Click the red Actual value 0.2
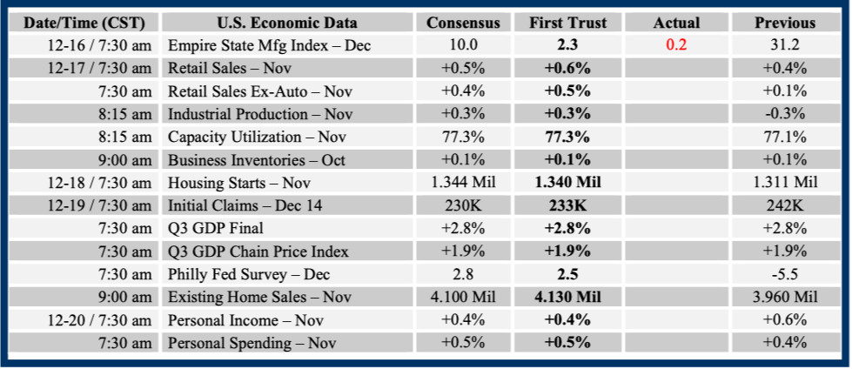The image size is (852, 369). [x=676, y=46]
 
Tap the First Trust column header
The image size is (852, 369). [x=568, y=23]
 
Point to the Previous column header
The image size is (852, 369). [x=784, y=23]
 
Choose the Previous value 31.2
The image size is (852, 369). [x=784, y=46]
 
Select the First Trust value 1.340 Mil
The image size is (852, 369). [x=568, y=183]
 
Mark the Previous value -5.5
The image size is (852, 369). [x=784, y=274]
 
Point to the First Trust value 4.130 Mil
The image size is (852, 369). [x=568, y=297]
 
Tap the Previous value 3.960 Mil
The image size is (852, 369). [x=784, y=297]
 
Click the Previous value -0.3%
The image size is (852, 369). [x=784, y=114]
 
